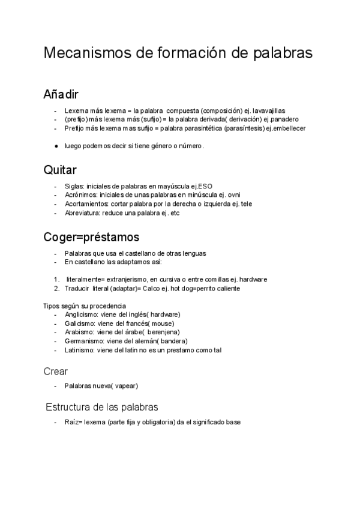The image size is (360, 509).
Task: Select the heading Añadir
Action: tap(61, 95)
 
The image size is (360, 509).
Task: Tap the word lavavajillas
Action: tap(269, 111)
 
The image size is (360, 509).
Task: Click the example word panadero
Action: tap(280, 119)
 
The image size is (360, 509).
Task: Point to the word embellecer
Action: tap(289, 128)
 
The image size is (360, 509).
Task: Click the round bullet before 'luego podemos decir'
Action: tap(55, 146)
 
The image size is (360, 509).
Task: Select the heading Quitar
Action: tap(60, 170)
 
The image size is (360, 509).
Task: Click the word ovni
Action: tap(232, 195)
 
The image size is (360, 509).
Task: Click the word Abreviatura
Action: tap(82, 212)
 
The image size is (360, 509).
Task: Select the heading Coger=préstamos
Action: tap(91, 237)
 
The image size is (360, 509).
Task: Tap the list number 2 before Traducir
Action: tap(55, 288)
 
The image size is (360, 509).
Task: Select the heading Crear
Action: tap(56, 371)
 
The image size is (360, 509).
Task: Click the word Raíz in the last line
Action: tap(72, 422)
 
